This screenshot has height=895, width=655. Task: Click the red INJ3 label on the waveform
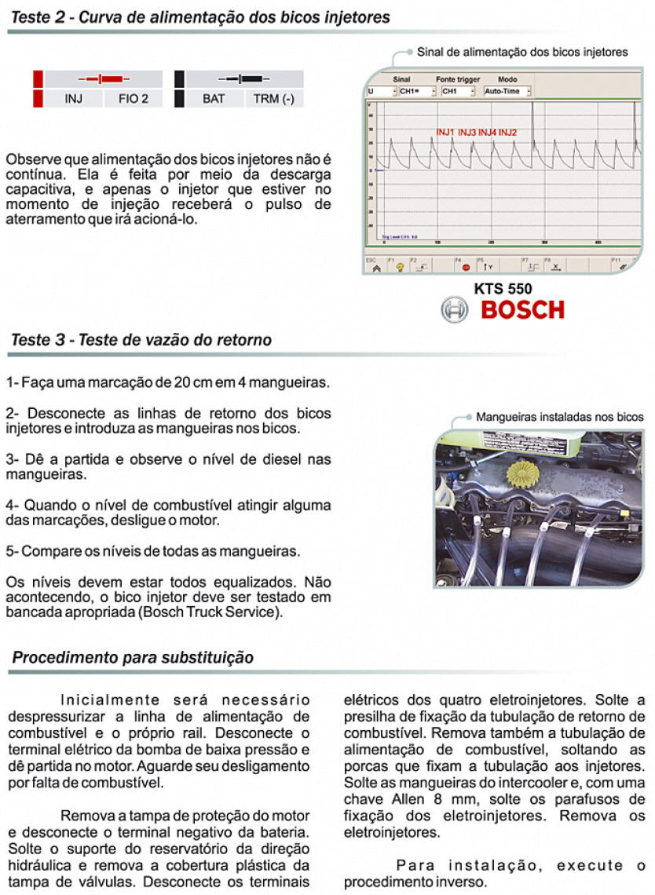467,132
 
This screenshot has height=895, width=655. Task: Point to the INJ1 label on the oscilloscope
446,132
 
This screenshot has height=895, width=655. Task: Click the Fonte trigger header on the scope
458,79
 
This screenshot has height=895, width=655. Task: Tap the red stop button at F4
466,267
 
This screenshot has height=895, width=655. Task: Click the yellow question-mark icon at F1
400,267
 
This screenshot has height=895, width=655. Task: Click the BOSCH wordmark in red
522,309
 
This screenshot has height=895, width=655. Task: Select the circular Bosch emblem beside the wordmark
455,310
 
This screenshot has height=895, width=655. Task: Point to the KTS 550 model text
503,288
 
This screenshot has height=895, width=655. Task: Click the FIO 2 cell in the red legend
133,99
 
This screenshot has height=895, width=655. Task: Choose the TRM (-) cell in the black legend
273,99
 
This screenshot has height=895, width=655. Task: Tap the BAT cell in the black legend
214,99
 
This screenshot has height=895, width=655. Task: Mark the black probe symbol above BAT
240,79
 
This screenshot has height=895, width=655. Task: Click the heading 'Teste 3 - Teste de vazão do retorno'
141,341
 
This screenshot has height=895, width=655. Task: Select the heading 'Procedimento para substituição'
133,658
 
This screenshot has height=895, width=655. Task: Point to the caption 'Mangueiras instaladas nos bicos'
559,417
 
